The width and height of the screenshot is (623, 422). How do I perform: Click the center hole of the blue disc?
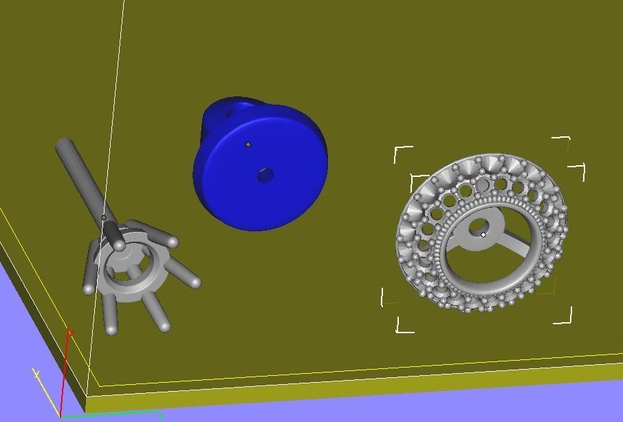[x=265, y=176]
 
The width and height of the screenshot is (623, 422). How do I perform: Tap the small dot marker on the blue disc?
[x=248, y=145]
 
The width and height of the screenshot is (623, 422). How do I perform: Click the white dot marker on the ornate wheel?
[x=483, y=235]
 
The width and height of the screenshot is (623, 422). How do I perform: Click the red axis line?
[x=66, y=372]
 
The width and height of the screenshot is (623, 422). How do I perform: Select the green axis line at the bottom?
[x=110, y=415]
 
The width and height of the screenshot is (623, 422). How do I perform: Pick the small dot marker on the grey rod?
[x=104, y=218]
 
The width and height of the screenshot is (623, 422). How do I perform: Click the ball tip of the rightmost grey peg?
[x=196, y=282]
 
